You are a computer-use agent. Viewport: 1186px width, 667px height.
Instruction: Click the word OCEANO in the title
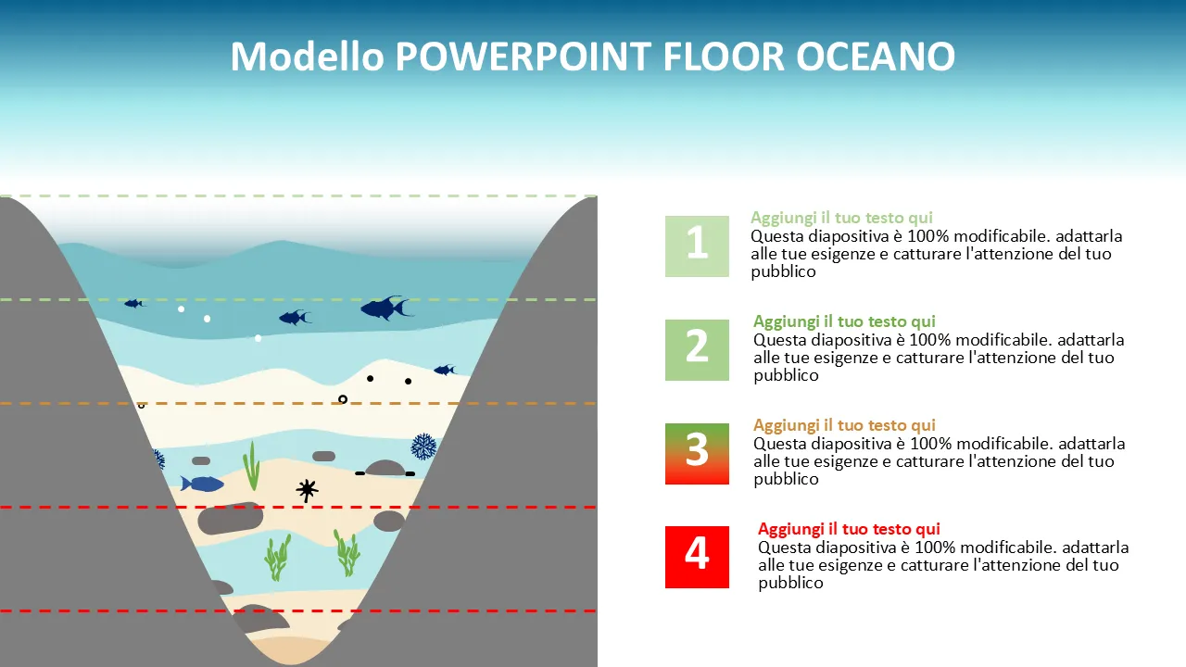[876, 57]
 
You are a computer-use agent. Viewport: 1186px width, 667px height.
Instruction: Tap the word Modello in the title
[307, 57]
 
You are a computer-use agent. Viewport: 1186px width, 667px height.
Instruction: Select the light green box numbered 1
[697, 246]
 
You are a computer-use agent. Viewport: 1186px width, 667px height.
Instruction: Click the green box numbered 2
[697, 350]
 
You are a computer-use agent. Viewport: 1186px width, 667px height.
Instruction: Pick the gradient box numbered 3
[697, 454]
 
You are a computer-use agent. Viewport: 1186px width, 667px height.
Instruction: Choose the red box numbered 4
[697, 557]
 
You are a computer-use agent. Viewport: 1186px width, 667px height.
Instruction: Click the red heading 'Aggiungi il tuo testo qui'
[849, 528]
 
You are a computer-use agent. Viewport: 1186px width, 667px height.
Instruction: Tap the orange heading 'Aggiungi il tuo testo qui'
[844, 425]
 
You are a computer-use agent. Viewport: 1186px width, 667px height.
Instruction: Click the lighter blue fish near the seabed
[202, 484]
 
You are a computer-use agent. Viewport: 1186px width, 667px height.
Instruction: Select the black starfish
[307, 491]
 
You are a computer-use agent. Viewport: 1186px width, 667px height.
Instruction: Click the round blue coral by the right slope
[423, 447]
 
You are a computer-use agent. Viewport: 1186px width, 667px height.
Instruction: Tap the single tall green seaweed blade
[252, 466]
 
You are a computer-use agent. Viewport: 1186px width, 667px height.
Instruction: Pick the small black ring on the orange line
[343, 399]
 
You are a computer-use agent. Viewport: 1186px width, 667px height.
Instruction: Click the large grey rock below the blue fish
[231, 518]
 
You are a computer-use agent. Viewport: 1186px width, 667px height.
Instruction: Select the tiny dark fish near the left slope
[134, 303]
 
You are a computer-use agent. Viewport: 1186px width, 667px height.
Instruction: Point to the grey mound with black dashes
[385, 468]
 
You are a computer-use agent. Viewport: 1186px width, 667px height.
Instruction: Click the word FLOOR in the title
[724, 57]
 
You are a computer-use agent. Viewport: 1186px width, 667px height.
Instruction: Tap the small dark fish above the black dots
[445, 370]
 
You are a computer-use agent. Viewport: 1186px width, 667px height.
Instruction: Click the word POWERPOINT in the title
[524, 57]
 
